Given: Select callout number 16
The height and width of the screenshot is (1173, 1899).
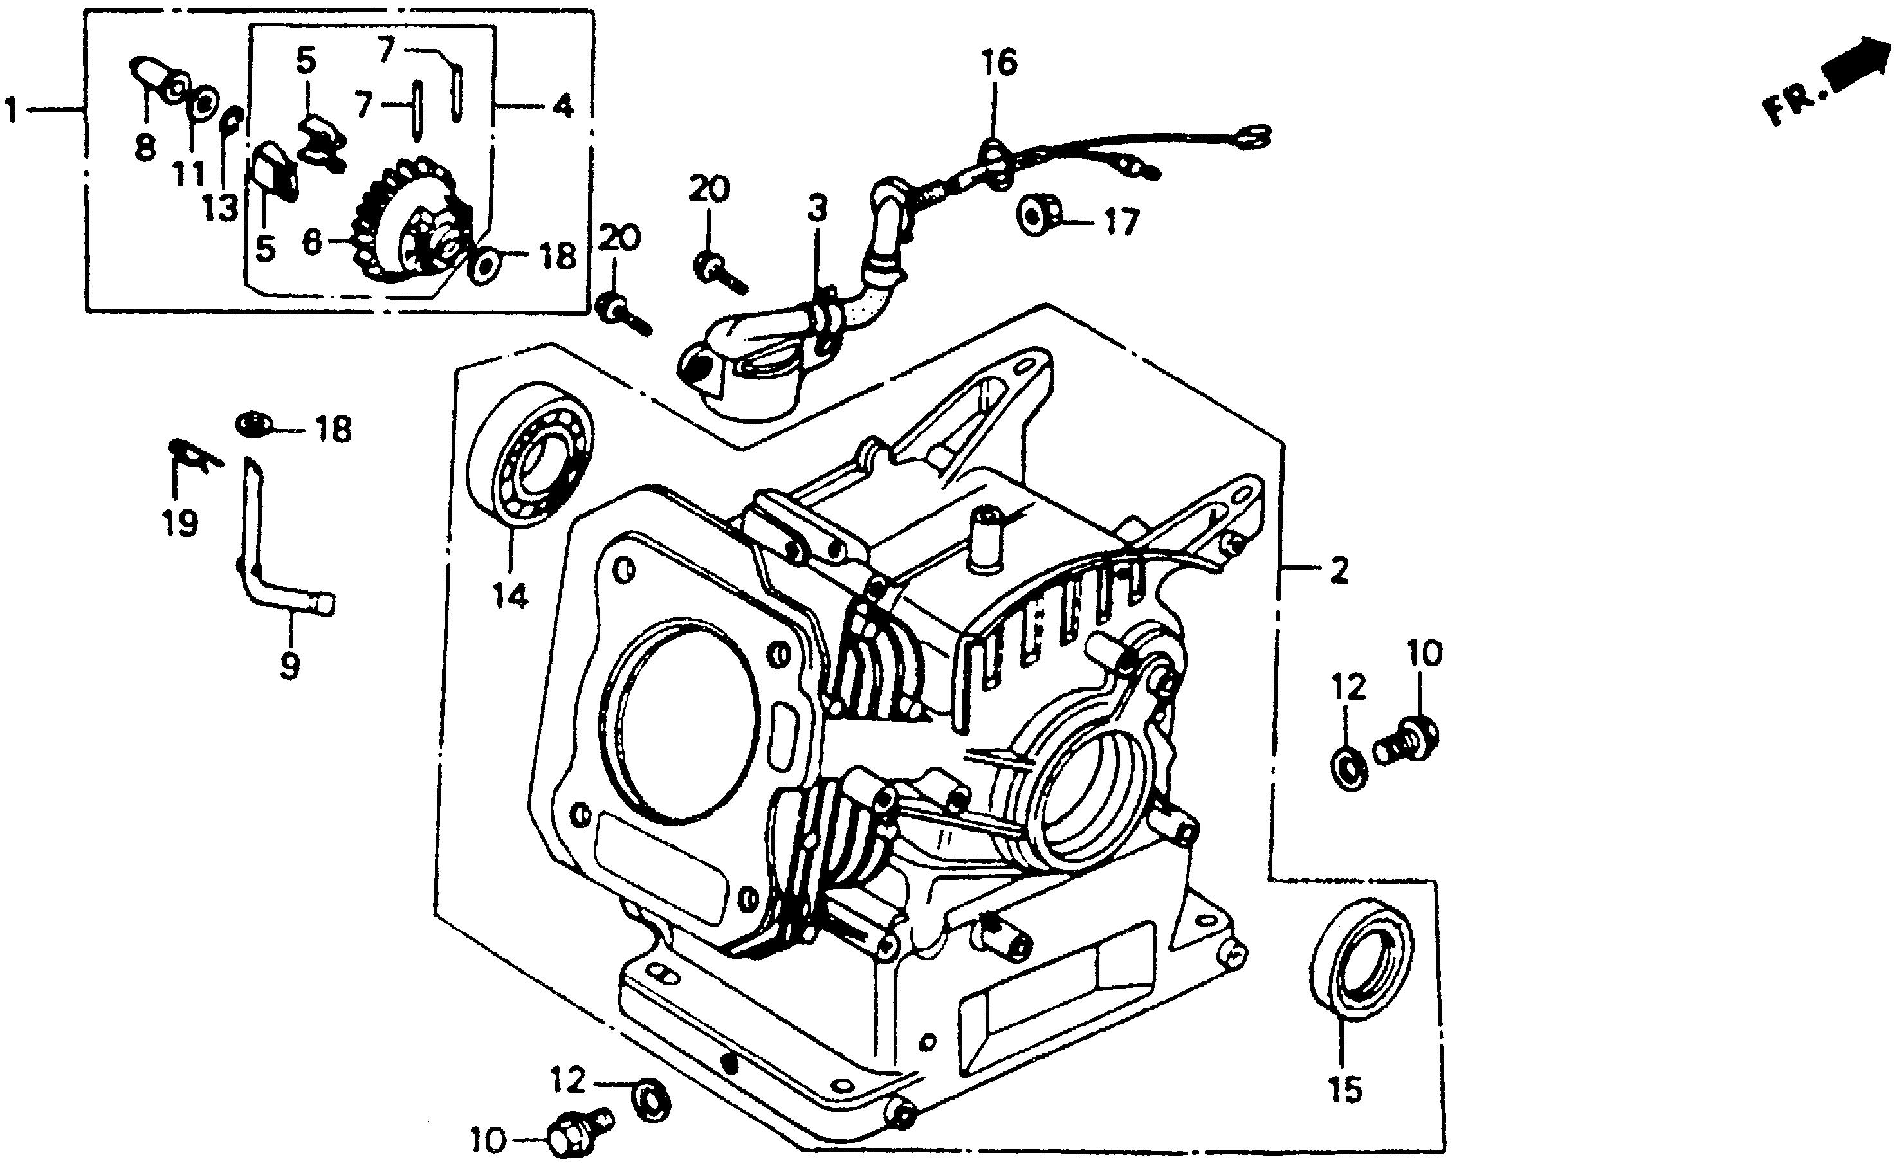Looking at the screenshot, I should (x=999, y=63).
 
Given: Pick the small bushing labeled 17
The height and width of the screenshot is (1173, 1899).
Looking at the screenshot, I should (x=1039, y=214).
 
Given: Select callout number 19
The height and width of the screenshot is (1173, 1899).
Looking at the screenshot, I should (x=180, y=523).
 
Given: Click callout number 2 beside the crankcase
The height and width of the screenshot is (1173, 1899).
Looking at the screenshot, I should (x=1339, y=572).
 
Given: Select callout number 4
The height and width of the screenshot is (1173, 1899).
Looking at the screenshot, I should (x=563, y=105).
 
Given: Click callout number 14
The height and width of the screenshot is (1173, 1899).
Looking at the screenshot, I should (x=510, y=596).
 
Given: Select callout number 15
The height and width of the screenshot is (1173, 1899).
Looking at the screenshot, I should (x=1345, y=1090).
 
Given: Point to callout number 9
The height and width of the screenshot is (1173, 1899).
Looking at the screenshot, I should (x=289, y=665).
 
